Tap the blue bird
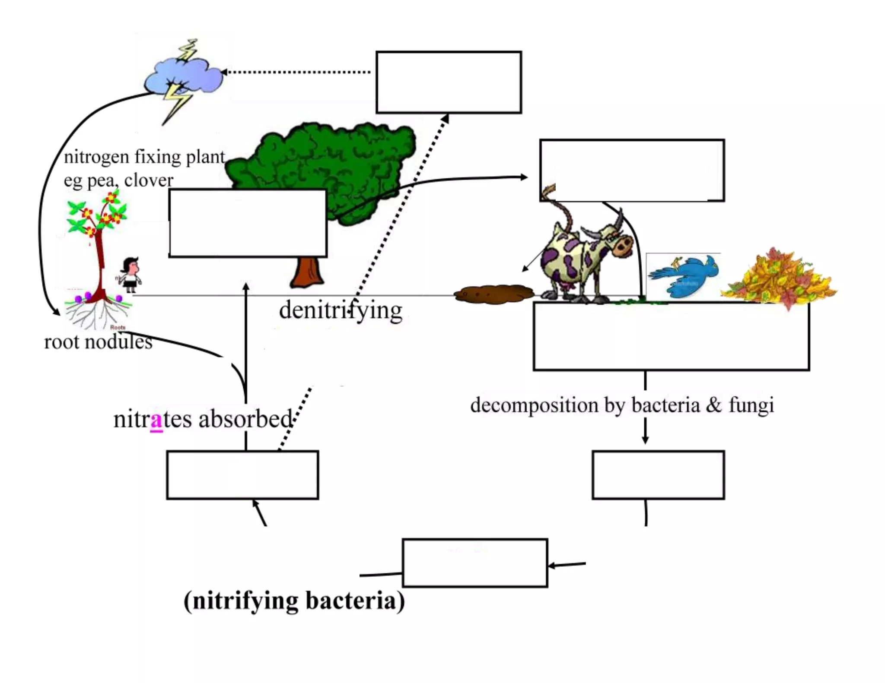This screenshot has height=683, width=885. tap(685, 276)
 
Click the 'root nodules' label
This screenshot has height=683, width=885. tap(98, 342)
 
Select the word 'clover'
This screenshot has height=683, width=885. tap(149, 180)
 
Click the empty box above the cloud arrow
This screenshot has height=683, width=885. tap(449, 82)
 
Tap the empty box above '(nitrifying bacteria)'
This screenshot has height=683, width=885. tap(475, 563)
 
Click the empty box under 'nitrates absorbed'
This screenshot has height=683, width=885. tap(242, 475)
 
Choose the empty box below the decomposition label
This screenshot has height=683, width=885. tap(658, 475)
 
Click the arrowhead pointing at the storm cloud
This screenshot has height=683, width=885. tap(224, 72)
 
